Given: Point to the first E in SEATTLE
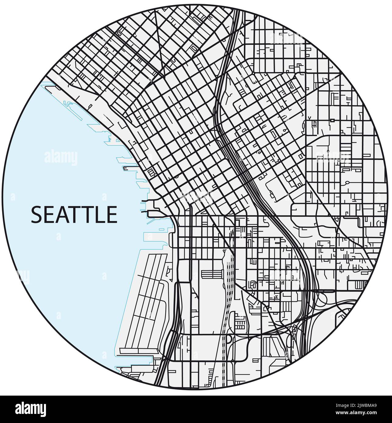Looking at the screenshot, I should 48,215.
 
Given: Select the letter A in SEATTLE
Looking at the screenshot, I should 61,215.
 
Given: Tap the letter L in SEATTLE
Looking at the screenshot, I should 98,215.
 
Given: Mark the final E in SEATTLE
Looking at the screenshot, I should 111,215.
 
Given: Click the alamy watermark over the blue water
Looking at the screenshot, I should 61,158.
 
